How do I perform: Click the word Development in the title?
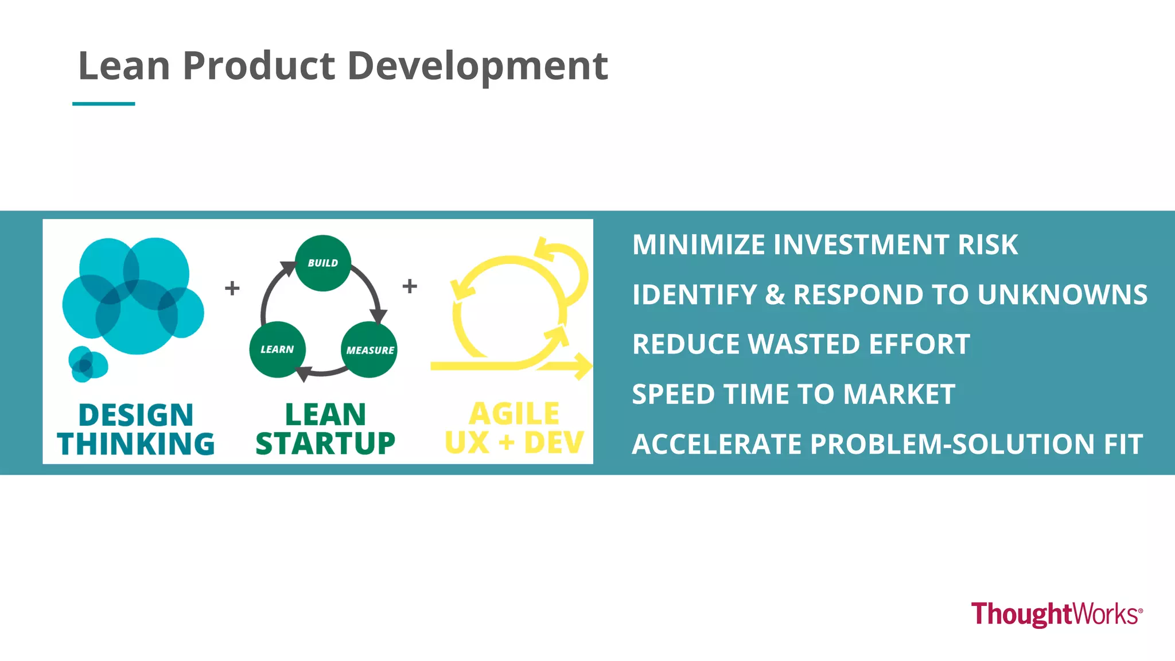(x=477, y=67)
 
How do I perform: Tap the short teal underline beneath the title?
(x=103, y=104)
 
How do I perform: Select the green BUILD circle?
(x=323, y=263)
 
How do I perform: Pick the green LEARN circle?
(x=277, y=349)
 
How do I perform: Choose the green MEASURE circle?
(x=369, y=349)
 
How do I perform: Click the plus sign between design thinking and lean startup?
(x=232, y=287)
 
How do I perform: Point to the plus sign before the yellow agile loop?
(x=410, y=286)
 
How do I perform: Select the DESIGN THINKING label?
(x=136, y=429)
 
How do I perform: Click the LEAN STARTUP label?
(x=325, y=429)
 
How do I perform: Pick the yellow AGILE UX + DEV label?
(x=514, y=428)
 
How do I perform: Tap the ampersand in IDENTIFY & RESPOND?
(x=775, y=295)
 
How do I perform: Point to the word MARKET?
(x=899, y=395)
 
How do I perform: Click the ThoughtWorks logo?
(x=1056, y=614)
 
